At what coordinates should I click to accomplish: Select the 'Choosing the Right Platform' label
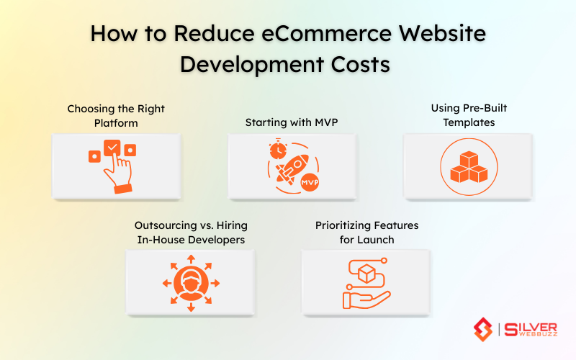pyautogui.click(x=116, y=116)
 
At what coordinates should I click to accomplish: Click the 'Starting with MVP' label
pyautogui.click(x=291, y=122)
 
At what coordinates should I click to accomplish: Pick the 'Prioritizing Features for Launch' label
pyautogui.click(x=366, y=233)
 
